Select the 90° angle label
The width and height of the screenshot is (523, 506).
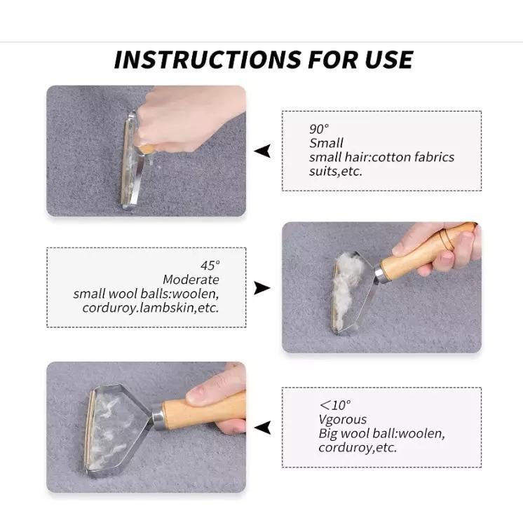click(319, 129)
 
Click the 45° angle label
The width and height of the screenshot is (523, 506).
click(210, 266)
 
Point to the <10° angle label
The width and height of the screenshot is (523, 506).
click(335, 405)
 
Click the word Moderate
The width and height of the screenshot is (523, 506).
click(191, 280)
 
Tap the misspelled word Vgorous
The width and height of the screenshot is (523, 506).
click(343, 419)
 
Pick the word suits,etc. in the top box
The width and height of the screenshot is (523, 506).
click(336, 171)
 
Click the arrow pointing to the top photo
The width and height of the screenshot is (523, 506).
click(262, 151)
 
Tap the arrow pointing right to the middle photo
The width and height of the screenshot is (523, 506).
click(262, 288)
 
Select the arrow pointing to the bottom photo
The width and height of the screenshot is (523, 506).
click(262, 428)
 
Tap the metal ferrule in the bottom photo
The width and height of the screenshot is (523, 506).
click(158, 417)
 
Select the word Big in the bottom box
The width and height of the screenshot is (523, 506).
click(327, 434)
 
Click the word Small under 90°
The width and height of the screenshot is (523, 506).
click(326, 143)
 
